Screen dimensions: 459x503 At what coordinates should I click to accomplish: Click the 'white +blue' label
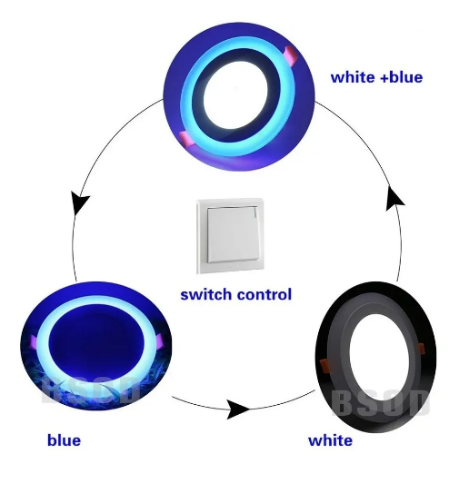point(376,77)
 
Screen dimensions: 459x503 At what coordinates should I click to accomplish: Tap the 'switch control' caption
point(235,294)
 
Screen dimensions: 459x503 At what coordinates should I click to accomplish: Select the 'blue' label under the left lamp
point(64,439)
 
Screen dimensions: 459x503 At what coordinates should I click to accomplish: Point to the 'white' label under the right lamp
point(330,440)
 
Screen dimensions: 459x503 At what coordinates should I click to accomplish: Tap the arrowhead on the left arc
point(79,202)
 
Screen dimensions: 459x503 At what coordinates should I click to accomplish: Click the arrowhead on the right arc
point(394,199)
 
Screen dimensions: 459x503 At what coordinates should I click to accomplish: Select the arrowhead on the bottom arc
point(238,409)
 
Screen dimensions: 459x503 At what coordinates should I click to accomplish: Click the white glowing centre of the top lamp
point(235,96)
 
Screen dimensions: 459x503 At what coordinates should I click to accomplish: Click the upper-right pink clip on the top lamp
point(292,55)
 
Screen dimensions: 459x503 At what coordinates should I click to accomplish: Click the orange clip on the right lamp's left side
point(325,366)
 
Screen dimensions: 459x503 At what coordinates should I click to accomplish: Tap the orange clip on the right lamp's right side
point(420,349)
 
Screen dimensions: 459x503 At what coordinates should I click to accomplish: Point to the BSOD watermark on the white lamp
point(381,403)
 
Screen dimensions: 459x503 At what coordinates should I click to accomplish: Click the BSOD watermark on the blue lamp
point(90,390)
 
